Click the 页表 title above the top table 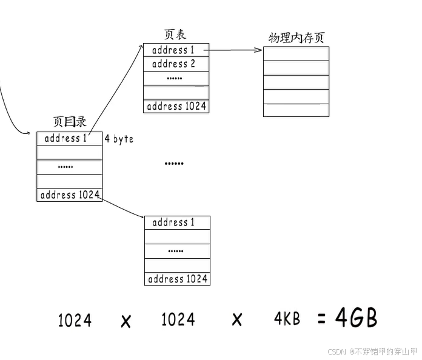[x=176, y=35]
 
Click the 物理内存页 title [x=296, y=38]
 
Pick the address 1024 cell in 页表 [x=176, y=106]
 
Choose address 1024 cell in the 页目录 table [x=69, y=195]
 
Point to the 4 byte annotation [x=119, y=139]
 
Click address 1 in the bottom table [x=173, y=222]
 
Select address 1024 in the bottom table [x=177, y=279]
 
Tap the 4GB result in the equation [x=357, y=318]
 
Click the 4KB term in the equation [x=286, y=318]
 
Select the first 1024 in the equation [x=75, y=319]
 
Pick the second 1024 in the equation [x=178, y=319]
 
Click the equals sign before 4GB [x=322, y=319]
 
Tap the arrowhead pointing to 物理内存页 [x=259, y=50]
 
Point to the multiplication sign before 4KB [x=237, y=320]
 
